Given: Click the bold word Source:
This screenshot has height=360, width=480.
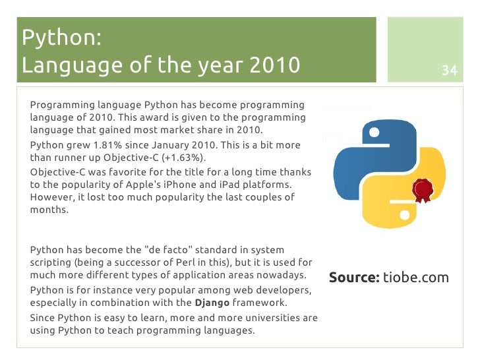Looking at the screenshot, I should tap(354, 277).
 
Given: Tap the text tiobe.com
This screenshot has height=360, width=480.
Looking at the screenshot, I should tap(416, 277).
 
